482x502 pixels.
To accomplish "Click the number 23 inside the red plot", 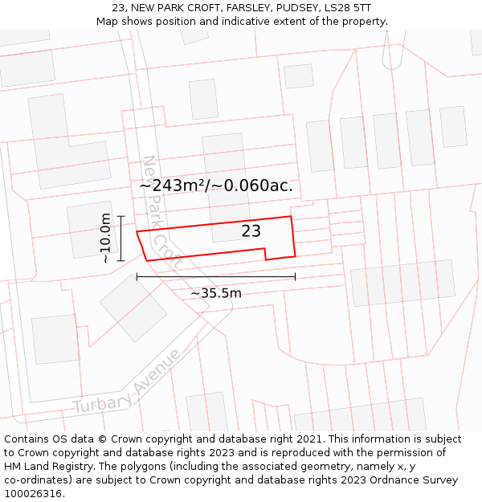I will (x=251, y=231).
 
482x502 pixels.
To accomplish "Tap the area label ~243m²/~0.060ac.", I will (x=216, y=186).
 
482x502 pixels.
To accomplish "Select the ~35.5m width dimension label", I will (x=215, y=293).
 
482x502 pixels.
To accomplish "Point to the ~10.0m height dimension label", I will (x=105, y=238).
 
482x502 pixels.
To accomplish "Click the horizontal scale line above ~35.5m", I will (x=215, y=277).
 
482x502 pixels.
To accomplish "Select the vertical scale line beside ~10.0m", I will (x=120, y=238).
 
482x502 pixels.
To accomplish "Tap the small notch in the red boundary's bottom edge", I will (x=266, y=254).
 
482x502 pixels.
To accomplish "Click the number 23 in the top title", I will (x=118, y=8).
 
